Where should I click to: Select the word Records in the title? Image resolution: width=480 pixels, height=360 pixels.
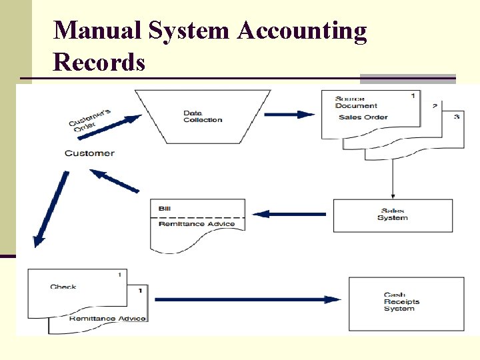pos(99,62)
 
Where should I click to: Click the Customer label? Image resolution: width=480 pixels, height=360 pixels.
pos(89,153)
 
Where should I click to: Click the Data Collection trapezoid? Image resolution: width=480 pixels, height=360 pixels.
pos(203,116)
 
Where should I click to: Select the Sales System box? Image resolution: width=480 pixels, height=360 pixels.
pos(392,215)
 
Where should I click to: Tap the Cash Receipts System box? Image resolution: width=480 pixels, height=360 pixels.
pos(401,302)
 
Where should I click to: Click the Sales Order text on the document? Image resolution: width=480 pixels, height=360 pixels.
pos(363,117)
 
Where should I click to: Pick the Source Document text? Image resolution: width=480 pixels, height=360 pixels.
pos(356,102)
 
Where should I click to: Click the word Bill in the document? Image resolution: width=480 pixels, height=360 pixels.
pos(165,209)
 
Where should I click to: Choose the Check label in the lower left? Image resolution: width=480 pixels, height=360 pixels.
pos(63,287)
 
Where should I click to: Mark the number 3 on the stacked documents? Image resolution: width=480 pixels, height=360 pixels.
pos(456,117)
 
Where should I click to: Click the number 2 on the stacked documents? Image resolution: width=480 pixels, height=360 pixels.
pos(435,106)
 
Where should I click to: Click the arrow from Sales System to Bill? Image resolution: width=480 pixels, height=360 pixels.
pos(289,214)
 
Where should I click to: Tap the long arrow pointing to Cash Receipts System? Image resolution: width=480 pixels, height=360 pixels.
pos(247,299)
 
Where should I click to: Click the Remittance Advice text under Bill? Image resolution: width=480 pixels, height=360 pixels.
pos(197,224)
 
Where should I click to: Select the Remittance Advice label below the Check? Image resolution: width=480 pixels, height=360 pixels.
pos(107,319)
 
